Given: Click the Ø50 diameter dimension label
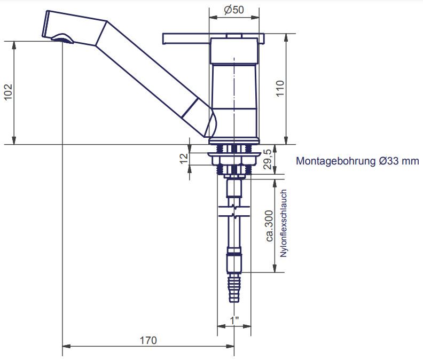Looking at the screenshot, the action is tap(234, 10).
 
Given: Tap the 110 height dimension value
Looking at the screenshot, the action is tap(280, 89).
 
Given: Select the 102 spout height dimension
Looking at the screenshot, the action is tap(8, 92).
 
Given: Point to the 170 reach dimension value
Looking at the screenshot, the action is tap(148, 340).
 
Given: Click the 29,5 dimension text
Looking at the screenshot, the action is tap(268, 159).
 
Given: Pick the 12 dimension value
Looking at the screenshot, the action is tap(184, 159).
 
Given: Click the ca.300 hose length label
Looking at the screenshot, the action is tap(269, 226).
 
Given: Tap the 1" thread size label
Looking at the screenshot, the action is tap(234, 320).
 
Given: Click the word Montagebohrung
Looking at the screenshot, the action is tap(336, 161).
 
